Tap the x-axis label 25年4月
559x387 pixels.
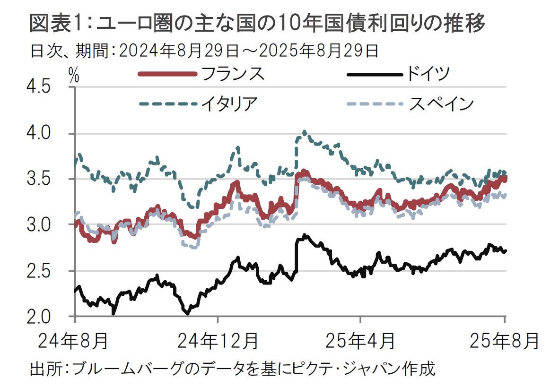[360, 340]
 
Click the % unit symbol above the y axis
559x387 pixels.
[73, 76]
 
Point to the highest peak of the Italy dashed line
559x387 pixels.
[304, 132]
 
